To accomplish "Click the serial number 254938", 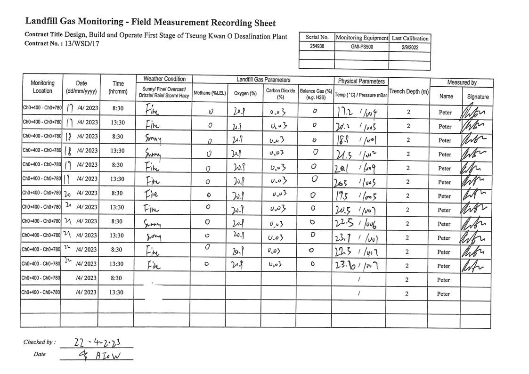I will click(317, 47).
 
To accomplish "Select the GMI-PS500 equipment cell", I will click(362, 47).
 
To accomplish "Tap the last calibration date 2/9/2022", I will click(409, 47).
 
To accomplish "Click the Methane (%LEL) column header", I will click(209, 93).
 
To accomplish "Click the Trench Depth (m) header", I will click(409, 91).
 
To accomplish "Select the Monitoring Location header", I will click(42, 87).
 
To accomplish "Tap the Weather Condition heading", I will click(164, 79).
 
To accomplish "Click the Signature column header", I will click(478, 97).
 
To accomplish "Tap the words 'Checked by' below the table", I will click(39, 342).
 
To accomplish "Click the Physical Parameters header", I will click(361, 81).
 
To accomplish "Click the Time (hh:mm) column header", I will click(118, 87).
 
